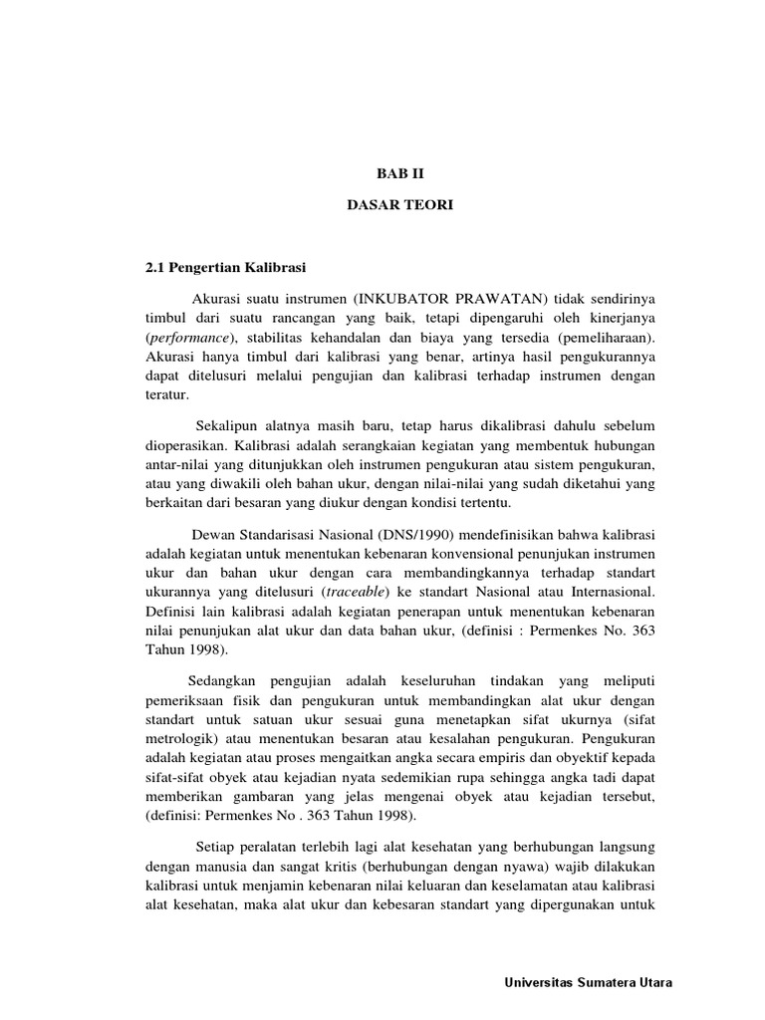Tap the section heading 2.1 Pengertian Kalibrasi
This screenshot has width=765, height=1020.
(x=224, y=268)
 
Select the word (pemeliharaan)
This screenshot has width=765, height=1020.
(x=605, y=338)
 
